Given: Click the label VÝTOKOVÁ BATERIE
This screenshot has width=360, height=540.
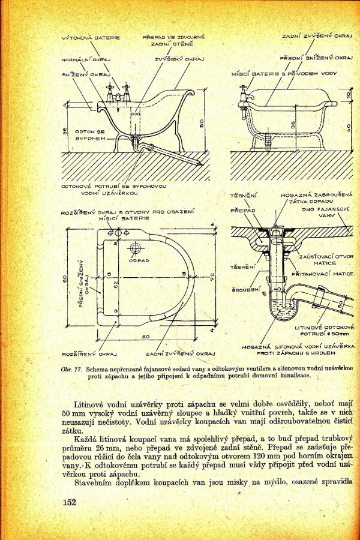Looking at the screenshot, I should tap(91, 38).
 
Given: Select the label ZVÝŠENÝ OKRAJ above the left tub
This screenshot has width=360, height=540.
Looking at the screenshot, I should tap(179, 59).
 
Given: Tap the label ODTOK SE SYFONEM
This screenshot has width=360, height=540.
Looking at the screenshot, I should tap(90, 134).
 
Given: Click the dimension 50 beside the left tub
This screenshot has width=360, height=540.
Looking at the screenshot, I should tap(202, 122).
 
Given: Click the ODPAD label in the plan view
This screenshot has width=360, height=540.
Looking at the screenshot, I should tap(139, 260).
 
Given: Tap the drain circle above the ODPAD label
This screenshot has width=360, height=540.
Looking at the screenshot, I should tap(136, 247).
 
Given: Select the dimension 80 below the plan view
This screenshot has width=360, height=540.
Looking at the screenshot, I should tap(146, 337).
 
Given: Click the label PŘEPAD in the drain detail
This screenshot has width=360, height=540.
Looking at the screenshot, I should tap(243, 211).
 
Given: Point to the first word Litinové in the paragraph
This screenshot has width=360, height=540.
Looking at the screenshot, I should tap(89, 404).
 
